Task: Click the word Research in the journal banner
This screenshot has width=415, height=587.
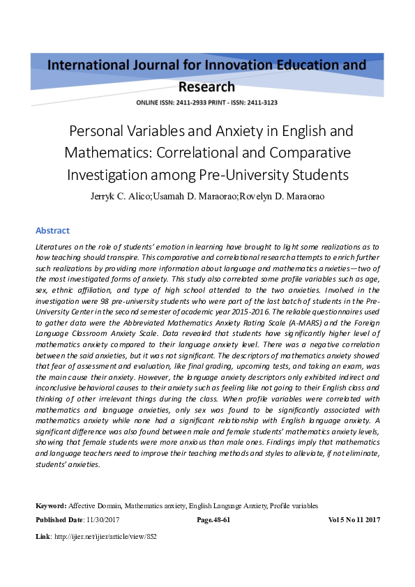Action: [x=207, y=87]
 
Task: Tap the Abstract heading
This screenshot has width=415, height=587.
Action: [x=52, y=231]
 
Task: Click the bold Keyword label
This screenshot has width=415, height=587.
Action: [x=50, y=505]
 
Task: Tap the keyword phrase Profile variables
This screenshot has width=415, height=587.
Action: [x=294, y=505]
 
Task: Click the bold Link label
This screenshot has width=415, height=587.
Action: [x=43, y=537]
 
